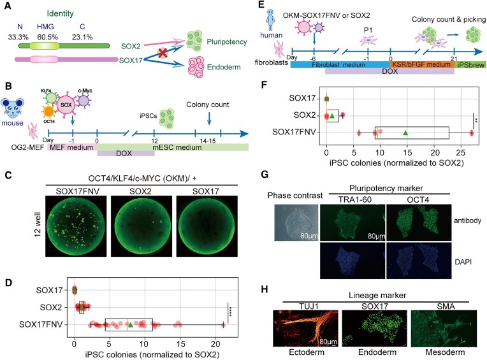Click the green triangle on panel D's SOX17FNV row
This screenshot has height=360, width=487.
[x=130, y=325]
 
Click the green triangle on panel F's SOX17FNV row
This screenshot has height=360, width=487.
[x=405, y=133]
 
